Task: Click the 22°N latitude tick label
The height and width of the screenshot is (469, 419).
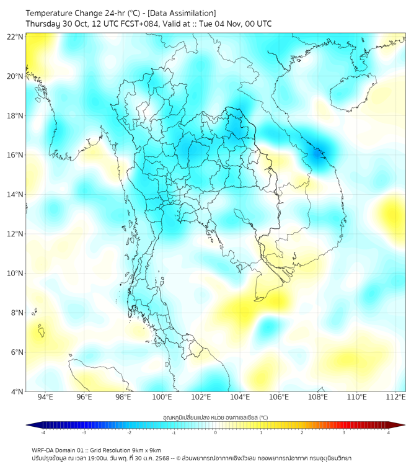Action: [15, 37]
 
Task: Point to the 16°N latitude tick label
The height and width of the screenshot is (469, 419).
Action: [15, 155]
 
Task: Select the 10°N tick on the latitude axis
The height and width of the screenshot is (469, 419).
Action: [15, 274]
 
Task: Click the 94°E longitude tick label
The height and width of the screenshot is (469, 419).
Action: [45, 397]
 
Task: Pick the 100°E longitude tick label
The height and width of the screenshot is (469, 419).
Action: [162, 397]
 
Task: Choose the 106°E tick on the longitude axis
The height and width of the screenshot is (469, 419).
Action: [279, 397]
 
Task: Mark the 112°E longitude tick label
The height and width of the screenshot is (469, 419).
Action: [396, 397]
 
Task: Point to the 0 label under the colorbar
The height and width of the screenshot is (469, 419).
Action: [215, 432]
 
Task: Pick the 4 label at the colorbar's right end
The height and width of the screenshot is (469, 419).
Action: [388, 432]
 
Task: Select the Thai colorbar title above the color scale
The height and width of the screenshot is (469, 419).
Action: [215, 417]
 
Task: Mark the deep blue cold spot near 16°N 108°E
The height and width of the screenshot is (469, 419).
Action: [319, 153]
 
